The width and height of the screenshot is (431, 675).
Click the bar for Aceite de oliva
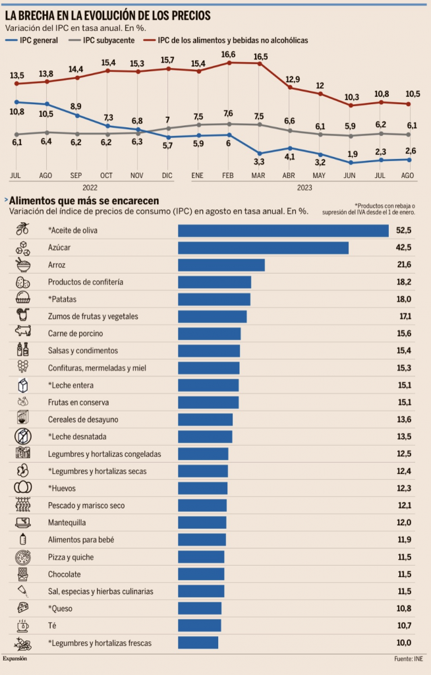[283, 230]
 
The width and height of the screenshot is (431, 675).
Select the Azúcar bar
[263, 247]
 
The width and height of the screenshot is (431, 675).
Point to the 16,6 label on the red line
[229, 54]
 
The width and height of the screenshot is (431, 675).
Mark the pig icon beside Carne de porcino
[23, 333]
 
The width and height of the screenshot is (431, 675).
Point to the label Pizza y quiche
[71, 557]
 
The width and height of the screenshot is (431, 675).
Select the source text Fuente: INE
[408, 658]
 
